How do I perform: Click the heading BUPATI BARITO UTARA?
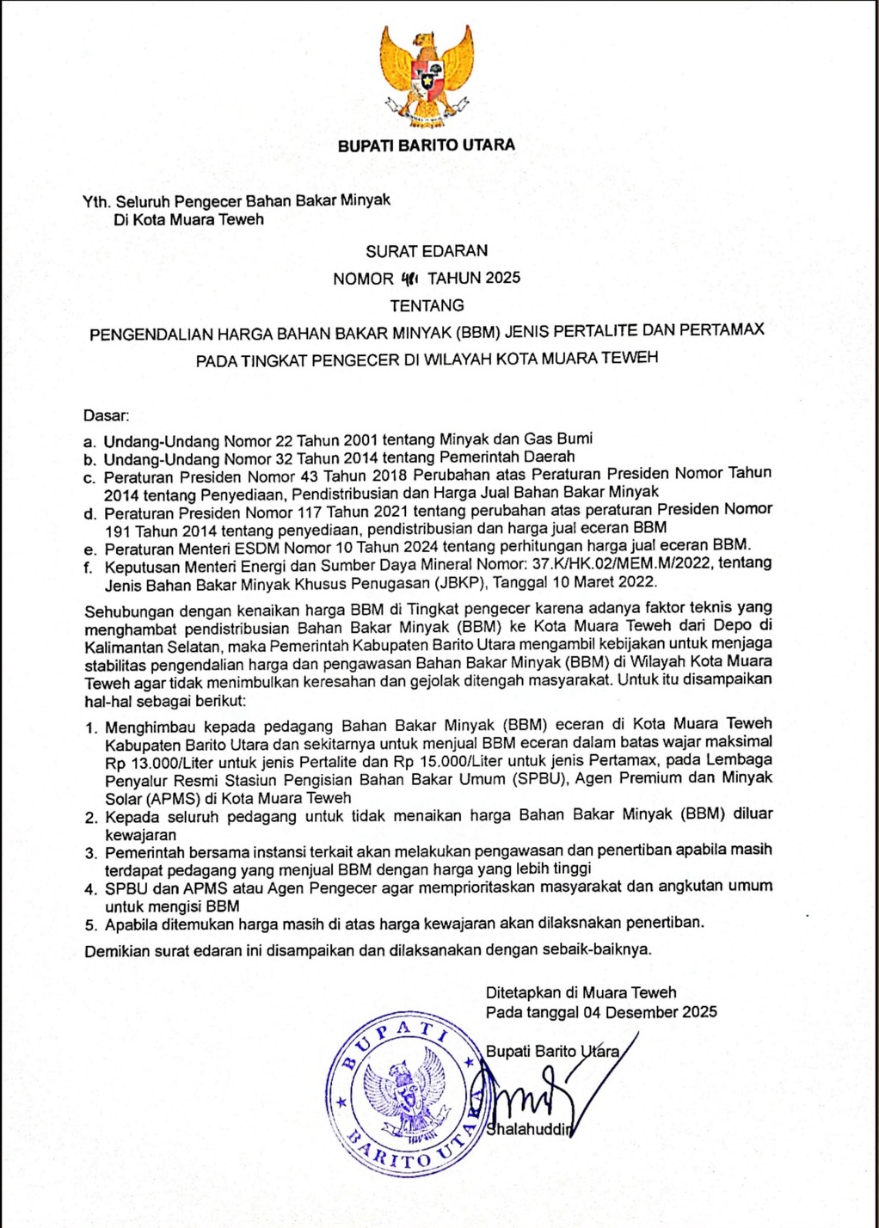(427, 145)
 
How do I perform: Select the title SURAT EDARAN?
(427, 251)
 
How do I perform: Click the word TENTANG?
(427, 305)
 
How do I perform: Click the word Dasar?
(106, 415)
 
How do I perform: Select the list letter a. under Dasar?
(89, 442)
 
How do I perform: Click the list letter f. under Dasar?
(89, 568)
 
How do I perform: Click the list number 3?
(91, 853)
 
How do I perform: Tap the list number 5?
(91, 925)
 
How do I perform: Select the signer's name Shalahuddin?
(529, 1129)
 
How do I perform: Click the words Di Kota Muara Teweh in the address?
(189, 219)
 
